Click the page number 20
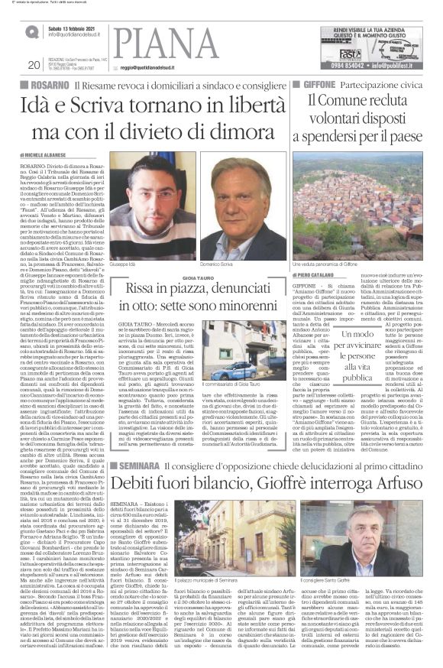point(33,65)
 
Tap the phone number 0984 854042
point(333,66)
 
